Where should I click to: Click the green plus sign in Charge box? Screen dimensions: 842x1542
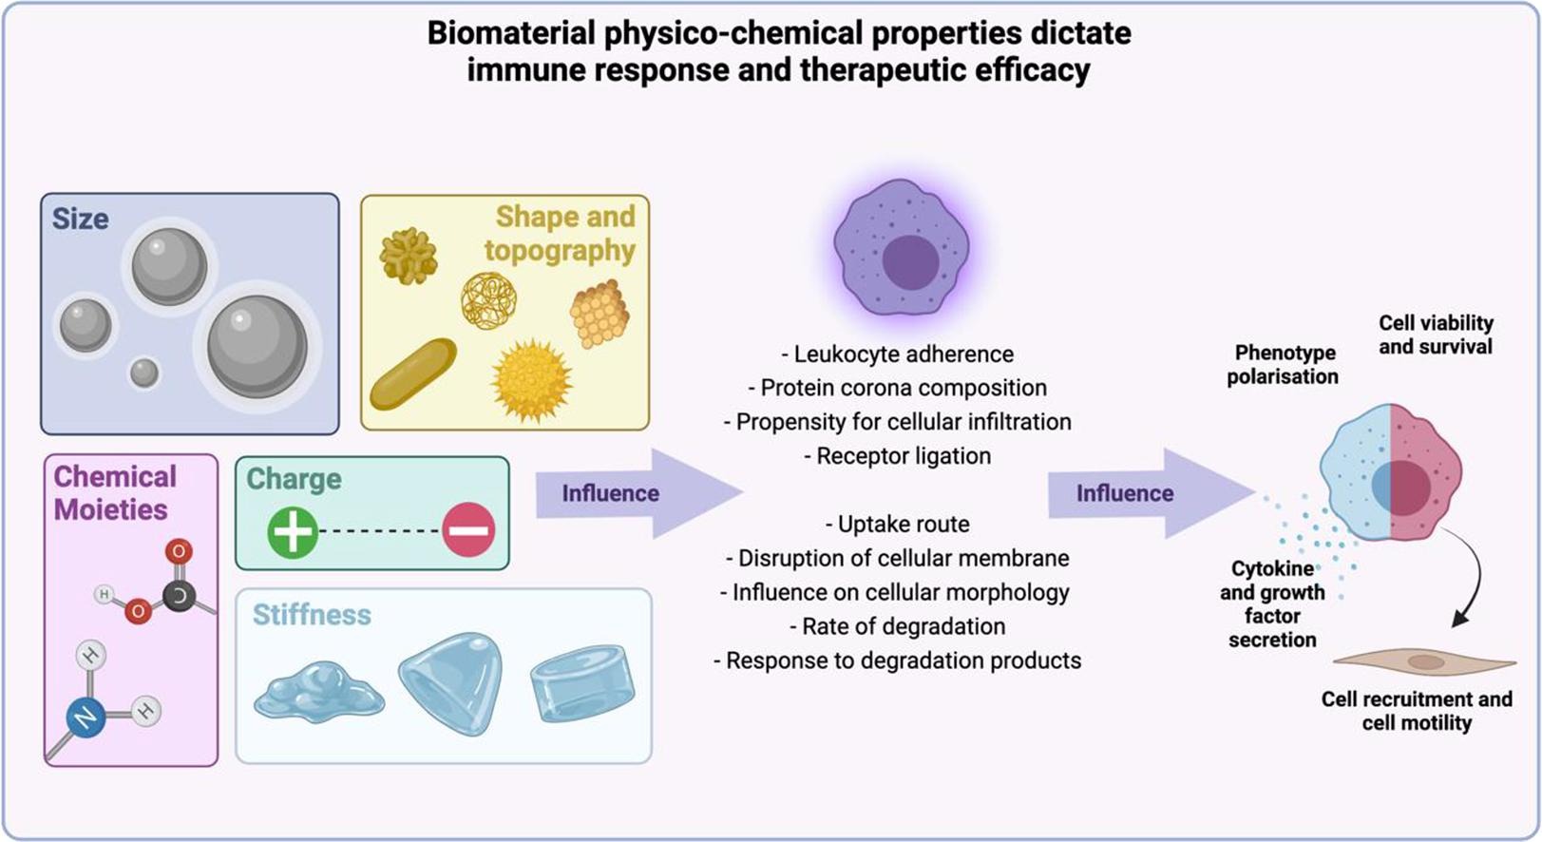click(293, 530)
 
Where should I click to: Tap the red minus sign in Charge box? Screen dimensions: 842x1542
click(468, 530)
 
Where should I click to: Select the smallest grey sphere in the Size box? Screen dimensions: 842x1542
click(144, 373)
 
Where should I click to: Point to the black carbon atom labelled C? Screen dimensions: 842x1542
click(179, 596)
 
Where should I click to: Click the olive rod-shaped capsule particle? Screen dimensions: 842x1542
click(413, 373)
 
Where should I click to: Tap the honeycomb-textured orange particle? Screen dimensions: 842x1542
click(600, 314)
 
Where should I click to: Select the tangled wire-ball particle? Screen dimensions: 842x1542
click(488, 301)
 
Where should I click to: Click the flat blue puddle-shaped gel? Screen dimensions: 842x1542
click(319, 692)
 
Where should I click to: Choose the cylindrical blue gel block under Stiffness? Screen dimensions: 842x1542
click(581, 682)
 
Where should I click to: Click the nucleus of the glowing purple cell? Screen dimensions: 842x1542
click(910, 260)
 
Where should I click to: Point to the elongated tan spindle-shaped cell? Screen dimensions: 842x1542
click(1423, 661)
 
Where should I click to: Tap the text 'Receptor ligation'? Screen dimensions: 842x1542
click(898, 456)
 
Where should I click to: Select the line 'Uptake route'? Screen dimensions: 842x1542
click(898, 525)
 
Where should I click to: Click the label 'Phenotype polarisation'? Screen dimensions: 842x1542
click(1282, 364)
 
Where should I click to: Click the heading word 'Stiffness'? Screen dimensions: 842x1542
click(312, 615)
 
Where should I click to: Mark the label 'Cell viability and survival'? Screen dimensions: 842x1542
click(1435, 335)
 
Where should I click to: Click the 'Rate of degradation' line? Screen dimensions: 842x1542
click(898, 626)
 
